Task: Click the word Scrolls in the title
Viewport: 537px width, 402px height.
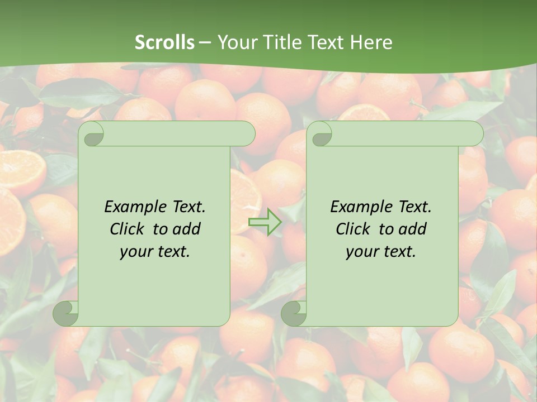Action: click(164, 42)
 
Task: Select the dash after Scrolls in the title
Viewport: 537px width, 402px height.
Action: click(205, 42)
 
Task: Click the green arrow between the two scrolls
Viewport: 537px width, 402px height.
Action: click(265, 222)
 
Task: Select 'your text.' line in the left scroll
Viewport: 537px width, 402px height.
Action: click(155, 251)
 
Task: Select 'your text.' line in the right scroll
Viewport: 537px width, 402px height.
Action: click(381, 251)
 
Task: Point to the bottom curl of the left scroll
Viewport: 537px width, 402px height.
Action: click(66, 313)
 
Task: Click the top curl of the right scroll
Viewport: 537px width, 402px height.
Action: click(321, 135)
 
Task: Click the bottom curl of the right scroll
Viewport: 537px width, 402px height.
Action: click(294, 313)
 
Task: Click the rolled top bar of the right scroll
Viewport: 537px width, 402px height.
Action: click(403, 133)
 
